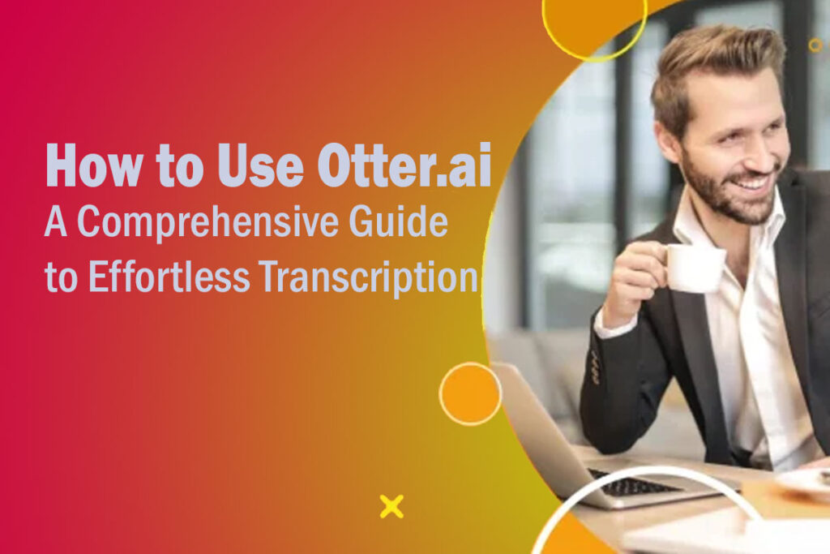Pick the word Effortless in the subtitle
[167, 278]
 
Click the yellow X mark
[391, 506]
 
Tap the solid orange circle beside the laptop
[470, 393]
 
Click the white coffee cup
[693, 268]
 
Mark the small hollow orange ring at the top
[815, 45]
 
